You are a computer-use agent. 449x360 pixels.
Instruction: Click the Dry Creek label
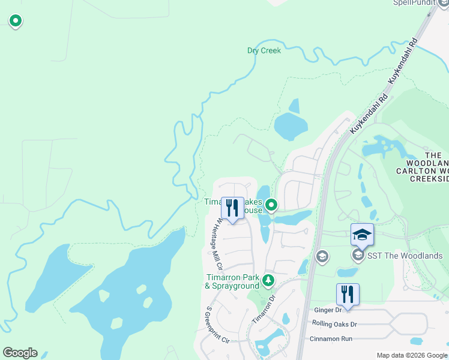[x=264, y=50]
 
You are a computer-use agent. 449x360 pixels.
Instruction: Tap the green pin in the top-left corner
[x=15, y=22]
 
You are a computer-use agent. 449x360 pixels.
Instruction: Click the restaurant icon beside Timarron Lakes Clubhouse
[x=232, y=208]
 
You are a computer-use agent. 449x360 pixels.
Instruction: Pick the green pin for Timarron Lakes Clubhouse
[x=271, y=206]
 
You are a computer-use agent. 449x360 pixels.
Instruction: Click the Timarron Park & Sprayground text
[x=232, y=281]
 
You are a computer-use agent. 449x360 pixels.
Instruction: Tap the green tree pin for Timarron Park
[x=268, y=280]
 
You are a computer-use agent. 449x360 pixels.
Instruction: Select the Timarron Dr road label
[x=264, y=310]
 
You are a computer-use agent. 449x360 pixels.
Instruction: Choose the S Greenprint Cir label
[x=217, y=325]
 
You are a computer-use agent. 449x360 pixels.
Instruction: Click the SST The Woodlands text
[x=405, y=256]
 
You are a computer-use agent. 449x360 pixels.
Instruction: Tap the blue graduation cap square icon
[x=362, y=235]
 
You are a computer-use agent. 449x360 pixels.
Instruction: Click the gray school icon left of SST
[x=322, y=257]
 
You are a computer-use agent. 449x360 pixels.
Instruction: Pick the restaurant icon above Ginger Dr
[x=348, y=295]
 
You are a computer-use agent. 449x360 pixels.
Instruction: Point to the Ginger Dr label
[x=328, y=310]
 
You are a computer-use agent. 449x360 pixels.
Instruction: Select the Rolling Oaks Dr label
[x=334, y=324]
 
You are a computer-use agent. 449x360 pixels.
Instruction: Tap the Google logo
[x=20, y=353]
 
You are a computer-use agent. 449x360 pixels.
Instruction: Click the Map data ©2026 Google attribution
[x=411, y=355]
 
